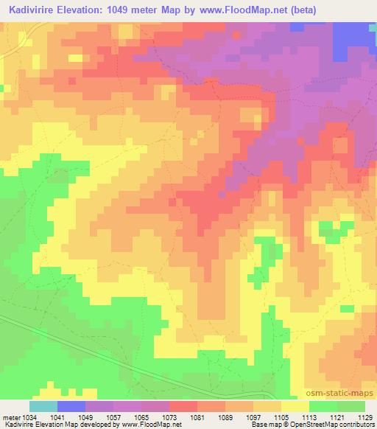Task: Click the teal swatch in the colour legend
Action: point(43,406)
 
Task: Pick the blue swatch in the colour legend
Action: point(71,406)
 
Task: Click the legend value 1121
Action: point(336,417)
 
